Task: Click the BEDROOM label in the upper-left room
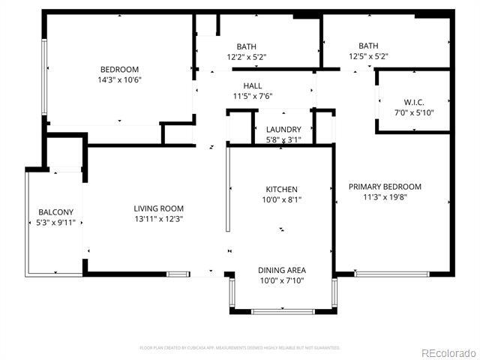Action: coord(119,70)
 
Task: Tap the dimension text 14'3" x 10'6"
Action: coord(119,79)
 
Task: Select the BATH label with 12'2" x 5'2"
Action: coord(247,46)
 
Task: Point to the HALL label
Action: coord(252,86)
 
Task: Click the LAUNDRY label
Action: coord(283,130)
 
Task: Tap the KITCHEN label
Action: coord(282,189)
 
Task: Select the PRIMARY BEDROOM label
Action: coord(385,187)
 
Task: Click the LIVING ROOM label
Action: coord(158,208)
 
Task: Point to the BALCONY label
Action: coord(55,212)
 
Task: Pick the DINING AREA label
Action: coord(282,270)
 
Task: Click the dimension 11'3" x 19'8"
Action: coord(385,197)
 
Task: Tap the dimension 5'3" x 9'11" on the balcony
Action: coord(55,222)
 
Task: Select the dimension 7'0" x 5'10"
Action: coord(414,112)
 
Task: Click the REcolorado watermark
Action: coord(447,352)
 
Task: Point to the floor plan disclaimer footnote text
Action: coord(240,348)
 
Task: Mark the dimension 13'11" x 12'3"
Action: coord(158,219)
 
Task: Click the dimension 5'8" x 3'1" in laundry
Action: coord(283,139)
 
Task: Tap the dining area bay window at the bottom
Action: coord(282,311)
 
